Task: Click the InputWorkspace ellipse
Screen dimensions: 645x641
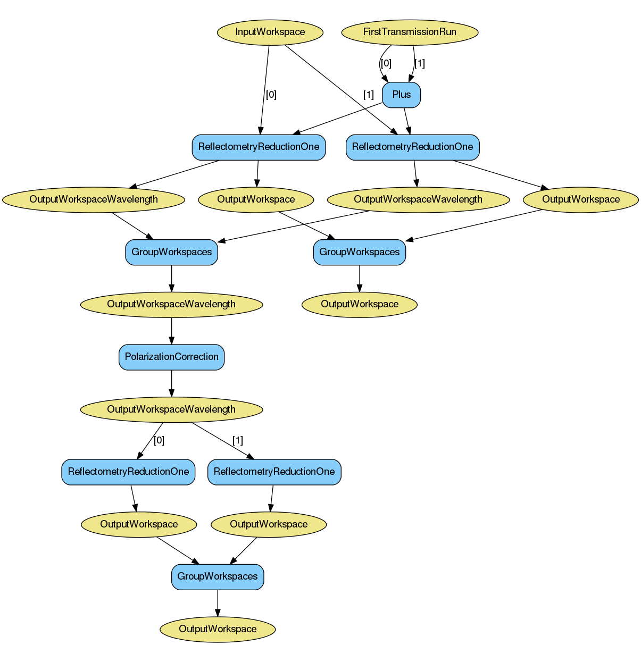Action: tap(270, 32)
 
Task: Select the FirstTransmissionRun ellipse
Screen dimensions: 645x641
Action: tap(410, 32)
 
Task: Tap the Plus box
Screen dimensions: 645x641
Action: tap(402, 95)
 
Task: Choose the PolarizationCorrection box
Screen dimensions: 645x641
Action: tap(171, 357)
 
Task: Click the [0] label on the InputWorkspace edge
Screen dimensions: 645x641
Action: tap(271, 95)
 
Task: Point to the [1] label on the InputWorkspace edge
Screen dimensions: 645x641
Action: tap(368, 95)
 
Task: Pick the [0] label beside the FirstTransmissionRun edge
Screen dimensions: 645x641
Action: tap(386, 63)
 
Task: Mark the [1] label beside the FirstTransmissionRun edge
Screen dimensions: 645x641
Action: tap(420, 63)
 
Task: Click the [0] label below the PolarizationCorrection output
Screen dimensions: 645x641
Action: tap(159, 440)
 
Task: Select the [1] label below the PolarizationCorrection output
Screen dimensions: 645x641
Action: tap(238, 440)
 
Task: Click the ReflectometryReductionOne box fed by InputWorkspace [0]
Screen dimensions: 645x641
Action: tap(259, 147)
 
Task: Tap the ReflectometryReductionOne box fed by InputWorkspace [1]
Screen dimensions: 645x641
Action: tap(413, 147)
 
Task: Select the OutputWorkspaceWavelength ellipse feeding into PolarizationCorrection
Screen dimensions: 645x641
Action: tap(171, 305)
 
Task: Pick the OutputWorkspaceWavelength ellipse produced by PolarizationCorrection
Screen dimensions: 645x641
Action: tap(171, 409)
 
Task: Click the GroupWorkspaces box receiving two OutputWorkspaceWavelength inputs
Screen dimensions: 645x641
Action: tap(171, 252)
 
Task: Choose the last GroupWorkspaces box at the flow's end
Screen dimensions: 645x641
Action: tap(218, 576)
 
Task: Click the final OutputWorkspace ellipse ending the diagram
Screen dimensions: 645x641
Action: tap(218, 629)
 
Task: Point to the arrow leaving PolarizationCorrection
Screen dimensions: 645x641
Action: tap(171, 383)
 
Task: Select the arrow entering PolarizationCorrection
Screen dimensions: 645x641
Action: tap(171, 331)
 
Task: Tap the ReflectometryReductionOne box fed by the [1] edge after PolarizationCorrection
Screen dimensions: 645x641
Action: tap(274, 472)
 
